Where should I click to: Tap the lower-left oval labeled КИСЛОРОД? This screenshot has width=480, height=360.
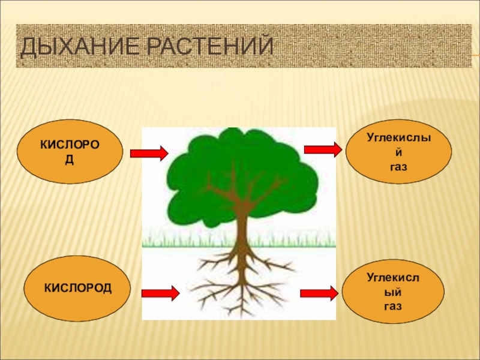(x=77, y=289)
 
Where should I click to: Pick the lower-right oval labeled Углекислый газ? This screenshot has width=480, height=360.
(x=393, y=292)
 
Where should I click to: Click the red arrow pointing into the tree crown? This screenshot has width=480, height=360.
(x=149, y=154)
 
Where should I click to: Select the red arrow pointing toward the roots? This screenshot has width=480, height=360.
(x=160, y=293)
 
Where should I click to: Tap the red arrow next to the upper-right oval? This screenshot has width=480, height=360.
(x=322, y=149)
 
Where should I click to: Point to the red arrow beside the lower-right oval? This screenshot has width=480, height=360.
(x=318, y=293)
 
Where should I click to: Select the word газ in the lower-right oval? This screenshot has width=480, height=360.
(x=393, y=306)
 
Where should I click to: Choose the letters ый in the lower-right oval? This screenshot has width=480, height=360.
(x=393, y=293)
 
